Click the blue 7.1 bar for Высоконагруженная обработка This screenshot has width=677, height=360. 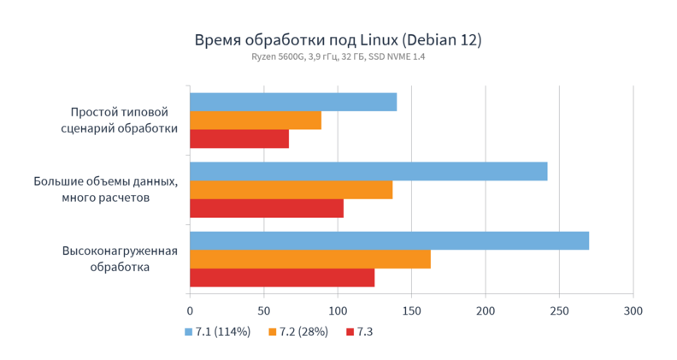pyautogui.click(x=389, y=240)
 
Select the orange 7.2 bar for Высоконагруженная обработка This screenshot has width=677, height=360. pyautogui.click(x=309, y=259)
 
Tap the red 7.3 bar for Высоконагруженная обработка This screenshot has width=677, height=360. pyautogui.click(x=281, y=278)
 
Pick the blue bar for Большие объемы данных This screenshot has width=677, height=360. pyautogui.click(x=368, y=171)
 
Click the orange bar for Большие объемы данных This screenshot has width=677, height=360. pyautogui.click(x=291, y=190)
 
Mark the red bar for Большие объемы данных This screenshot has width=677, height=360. pyautogui.click(x=266, y=209)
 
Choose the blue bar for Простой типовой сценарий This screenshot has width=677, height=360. pyautogui.click(x=292, y=102)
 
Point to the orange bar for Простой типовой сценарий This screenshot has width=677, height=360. pyautogui.click(x=255, y=121)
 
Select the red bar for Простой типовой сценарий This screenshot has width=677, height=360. pyautogui.click(x=238, y=139)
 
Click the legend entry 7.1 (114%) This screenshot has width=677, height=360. pyautogui.click(x=217, y=331)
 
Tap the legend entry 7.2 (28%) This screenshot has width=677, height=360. pyautogui.click(x=298, y=331)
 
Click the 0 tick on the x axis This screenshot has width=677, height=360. pyautogui.click(x=190, y=311)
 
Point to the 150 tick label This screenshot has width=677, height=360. pyautogui.click(x=411, y=311)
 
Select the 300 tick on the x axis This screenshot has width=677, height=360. pyautogui.click(x=633, y=311)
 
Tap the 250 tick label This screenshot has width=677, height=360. pyautogui.click(x=559, y=311)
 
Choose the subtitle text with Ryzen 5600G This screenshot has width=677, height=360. pyautogui.click(x=338, y=57)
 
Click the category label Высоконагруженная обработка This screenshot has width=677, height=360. pyautogui.click(x=120, y=258)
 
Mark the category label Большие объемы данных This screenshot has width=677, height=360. pyautogui.click(x=105, y=189)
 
